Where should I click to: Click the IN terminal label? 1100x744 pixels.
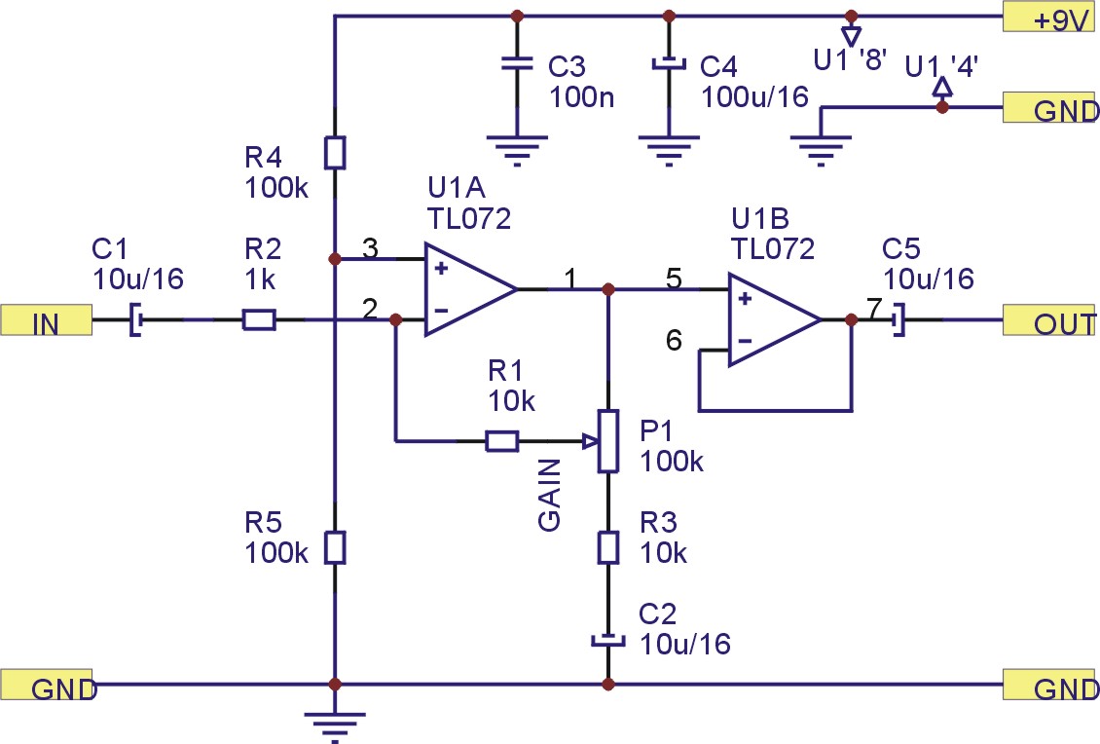47,320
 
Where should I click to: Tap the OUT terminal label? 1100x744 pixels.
1051,320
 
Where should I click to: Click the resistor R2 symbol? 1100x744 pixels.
259,320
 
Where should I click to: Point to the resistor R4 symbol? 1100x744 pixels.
335,153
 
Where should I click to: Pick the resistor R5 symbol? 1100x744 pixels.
335,548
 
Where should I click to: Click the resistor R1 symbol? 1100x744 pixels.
502,441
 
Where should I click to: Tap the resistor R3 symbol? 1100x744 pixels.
608,548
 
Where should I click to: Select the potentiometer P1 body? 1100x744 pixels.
608,441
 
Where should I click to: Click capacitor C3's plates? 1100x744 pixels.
517,64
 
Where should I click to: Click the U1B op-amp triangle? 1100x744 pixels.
775,319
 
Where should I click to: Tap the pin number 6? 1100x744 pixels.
674,341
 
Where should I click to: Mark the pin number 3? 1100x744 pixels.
370,248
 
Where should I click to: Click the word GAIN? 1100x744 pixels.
549,495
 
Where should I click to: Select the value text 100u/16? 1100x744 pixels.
754,96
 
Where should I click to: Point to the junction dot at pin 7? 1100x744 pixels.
852,320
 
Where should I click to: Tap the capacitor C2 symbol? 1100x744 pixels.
608,640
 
